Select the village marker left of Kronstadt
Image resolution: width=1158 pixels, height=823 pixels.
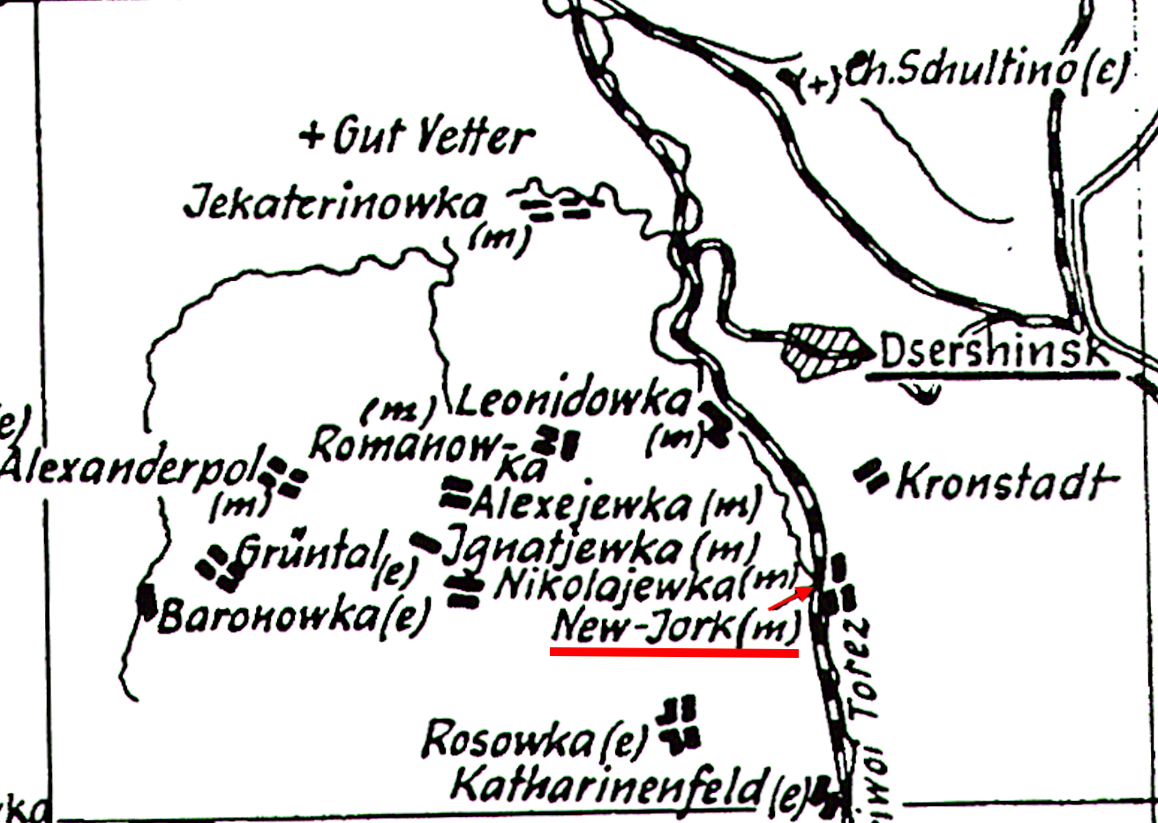pos(871,476)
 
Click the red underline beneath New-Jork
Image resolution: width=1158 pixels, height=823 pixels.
pos(674,653)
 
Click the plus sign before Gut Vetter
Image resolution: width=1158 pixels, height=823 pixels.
pos(310,137)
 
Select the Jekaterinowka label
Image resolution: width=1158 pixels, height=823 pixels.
pos(334,205)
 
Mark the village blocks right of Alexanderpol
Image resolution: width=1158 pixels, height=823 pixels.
pos(287,478)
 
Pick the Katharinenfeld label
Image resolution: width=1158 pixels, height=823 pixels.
pos(606,785)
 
